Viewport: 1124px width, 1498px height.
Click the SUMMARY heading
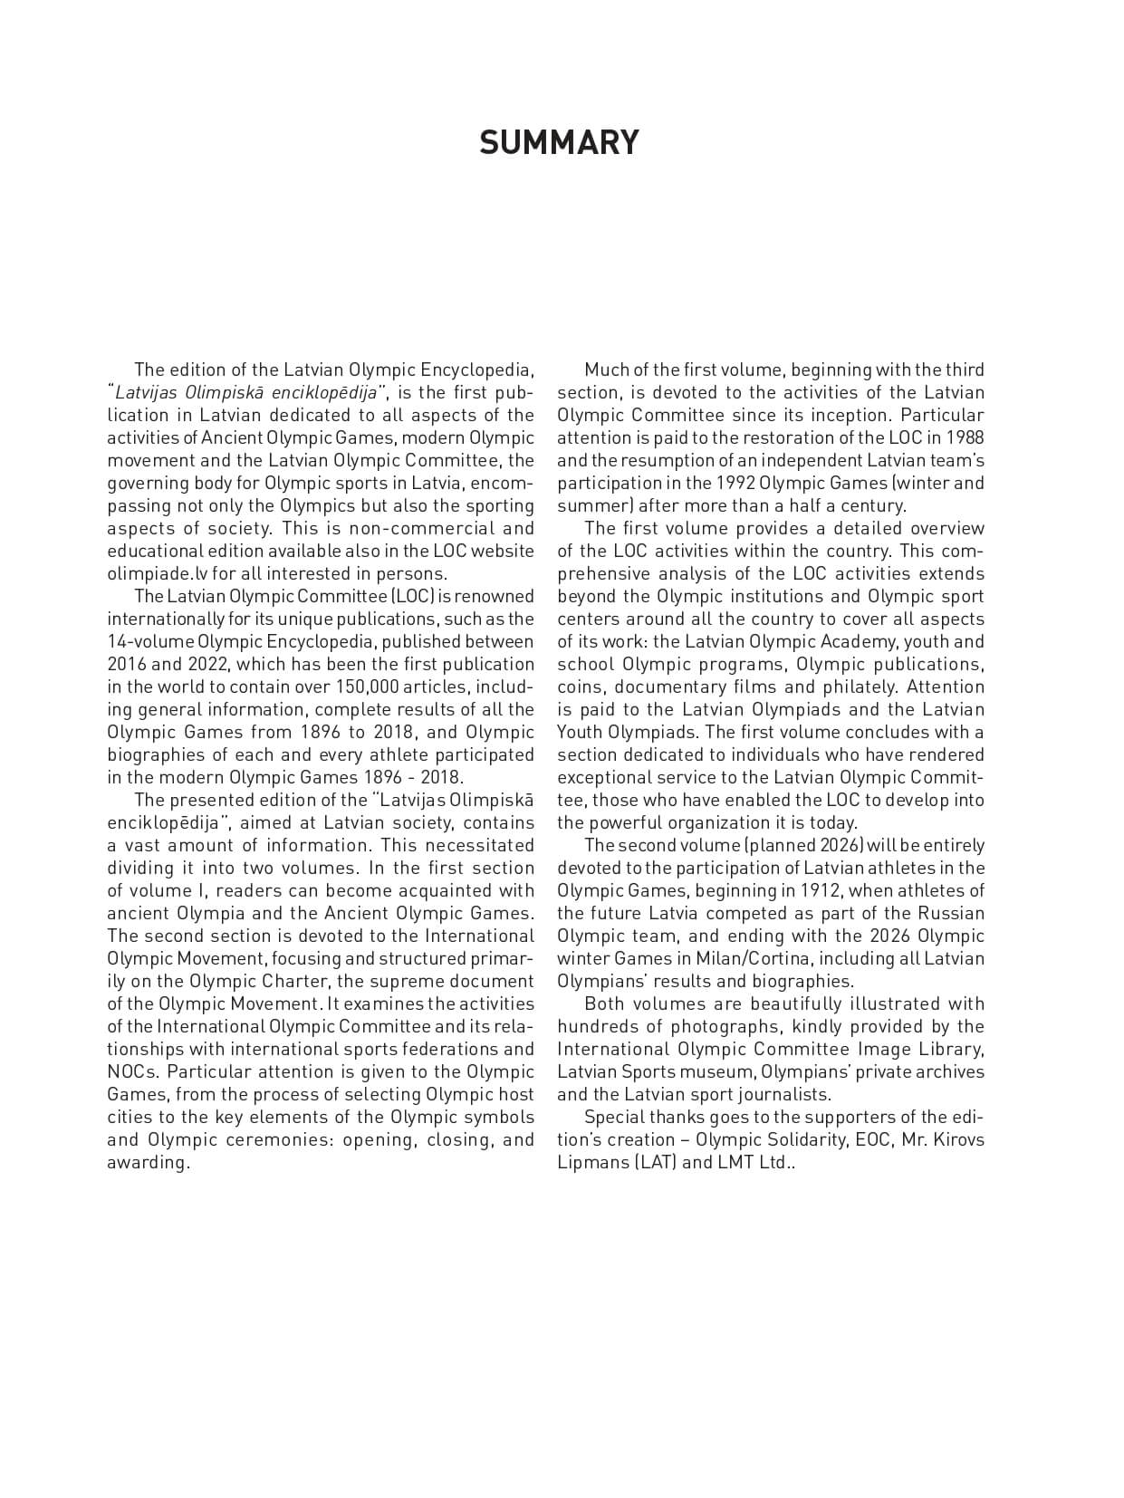[x=559, y=142]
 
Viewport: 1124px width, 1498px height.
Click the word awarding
[x=147, y=1162]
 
